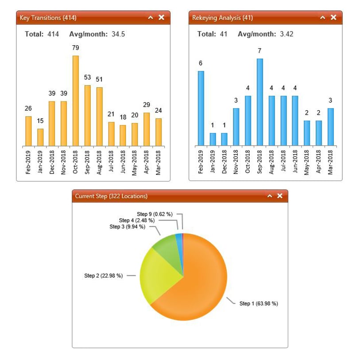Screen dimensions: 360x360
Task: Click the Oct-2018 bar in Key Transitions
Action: pyautogui.click(x=76, y=101)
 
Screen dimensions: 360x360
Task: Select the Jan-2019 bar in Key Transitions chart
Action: pyautogui.click(x=40, y=137)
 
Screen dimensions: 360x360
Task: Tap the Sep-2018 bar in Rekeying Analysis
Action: pyautogui.click(x=259, y=102)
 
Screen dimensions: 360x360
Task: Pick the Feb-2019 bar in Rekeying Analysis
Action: pyautogui.click(x=201, y=108)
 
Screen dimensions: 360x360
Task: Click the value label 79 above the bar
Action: pyautogui.click(x=76, y=48)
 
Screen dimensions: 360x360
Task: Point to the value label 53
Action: pyautogui.click(x=88, y=77)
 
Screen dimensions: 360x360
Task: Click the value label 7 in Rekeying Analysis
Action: pyautogui.click(x=259, y=51)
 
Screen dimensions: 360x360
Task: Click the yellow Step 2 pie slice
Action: pyautogui.click(x=157, y=275)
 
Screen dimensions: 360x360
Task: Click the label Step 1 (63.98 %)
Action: pyautogui.click(x=259, y=303)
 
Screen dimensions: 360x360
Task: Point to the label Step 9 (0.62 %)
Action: pyautogui.click(x=155, y=214)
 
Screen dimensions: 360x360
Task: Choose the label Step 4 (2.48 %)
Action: pyautogui.click(x=136, y=221)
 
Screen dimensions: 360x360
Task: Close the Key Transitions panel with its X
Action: pyautogui.click(x=161, y=17)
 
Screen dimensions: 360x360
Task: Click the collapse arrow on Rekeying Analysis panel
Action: pyautogui.click(x=322, y=17)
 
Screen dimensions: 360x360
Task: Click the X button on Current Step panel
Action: pyautogui.click(x=279, y=196)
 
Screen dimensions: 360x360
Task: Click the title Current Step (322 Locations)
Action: pyautogui.click(x=111, y=196)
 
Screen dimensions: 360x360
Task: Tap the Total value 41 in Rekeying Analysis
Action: pyautogui.click(x=223, y=34)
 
